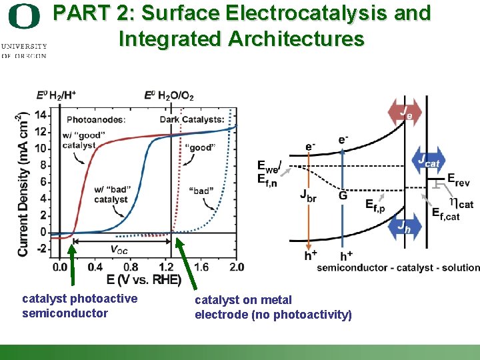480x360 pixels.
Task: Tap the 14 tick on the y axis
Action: coord(41,114)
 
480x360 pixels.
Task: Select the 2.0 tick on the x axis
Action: coord(237,267)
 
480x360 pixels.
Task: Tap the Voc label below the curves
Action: coord(119,250)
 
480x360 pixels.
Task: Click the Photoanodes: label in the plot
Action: coord(96,120)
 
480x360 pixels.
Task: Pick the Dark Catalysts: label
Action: coord(192,120)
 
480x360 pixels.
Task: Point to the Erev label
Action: coord(459,179)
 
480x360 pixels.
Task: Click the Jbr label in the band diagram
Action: coord(309,195)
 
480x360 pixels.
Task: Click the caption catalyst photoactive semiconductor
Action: coord(79,305)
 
